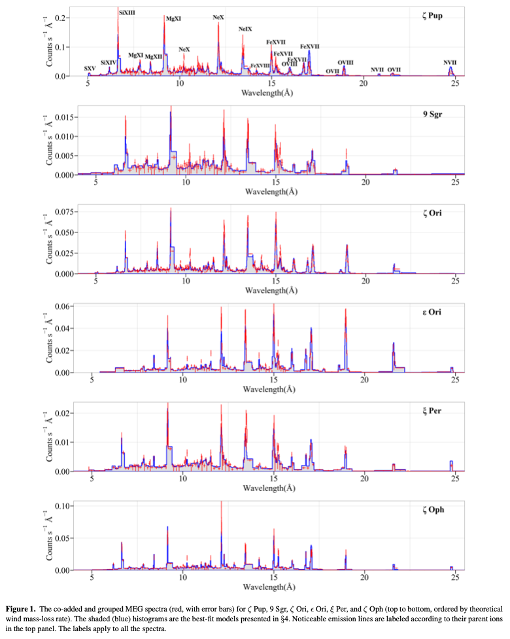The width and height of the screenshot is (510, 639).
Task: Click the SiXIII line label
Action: tap(127, 12)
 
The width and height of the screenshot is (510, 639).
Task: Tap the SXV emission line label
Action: tap(90, 68)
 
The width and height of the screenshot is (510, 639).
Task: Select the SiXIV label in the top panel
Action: tap(109, 62)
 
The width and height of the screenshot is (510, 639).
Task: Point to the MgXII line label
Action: tap(154, 56)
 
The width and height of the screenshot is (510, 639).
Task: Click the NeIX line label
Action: tap(245, 29)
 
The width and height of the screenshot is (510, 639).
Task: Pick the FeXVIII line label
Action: tap(260, 65)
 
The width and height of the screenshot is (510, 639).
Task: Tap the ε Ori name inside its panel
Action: tap(432, 312)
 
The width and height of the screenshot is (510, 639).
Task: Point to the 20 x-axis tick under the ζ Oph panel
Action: tap(364, 578)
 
